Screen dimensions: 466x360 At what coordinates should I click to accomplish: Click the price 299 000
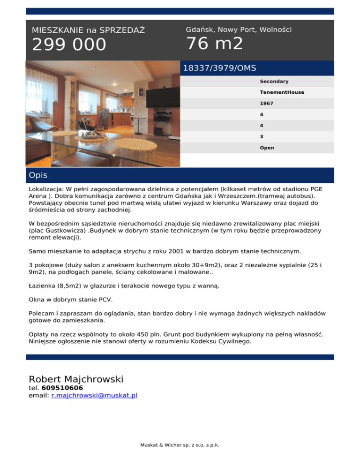pyautogui.click(x=69, y=45)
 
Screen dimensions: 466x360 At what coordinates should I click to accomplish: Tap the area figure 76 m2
pyautogui.click(x=214, y=44)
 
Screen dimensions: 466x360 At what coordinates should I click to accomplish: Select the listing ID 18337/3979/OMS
pyautogui.click(x=219, y=68)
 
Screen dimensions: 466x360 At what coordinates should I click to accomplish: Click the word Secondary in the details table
pyautogui.click(x=274, y=81)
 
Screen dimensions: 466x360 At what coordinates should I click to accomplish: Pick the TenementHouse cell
pyautogui.click(x=282, y=92)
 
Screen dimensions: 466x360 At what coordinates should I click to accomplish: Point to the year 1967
pyautogui.click(x=266, y=103)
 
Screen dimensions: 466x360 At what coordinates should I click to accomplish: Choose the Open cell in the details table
pyautogui.click(x=267, y=148)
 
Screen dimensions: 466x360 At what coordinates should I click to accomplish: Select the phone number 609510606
pyautogui.click(x=62, y=388)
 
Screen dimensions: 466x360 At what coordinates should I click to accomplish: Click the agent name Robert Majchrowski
pyautogui.click(x=76, y=379)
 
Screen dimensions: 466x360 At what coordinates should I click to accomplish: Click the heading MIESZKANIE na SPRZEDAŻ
pyautogui.click(x=88, y=30)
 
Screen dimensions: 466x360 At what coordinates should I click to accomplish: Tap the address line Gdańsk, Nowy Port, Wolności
pyautogui.click(x=239, y=30)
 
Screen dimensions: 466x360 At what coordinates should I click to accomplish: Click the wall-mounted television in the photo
pyautogui.click(x=162, y=97)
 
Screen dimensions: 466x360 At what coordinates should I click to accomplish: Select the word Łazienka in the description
pyautogui.click(x=43, y=286)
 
